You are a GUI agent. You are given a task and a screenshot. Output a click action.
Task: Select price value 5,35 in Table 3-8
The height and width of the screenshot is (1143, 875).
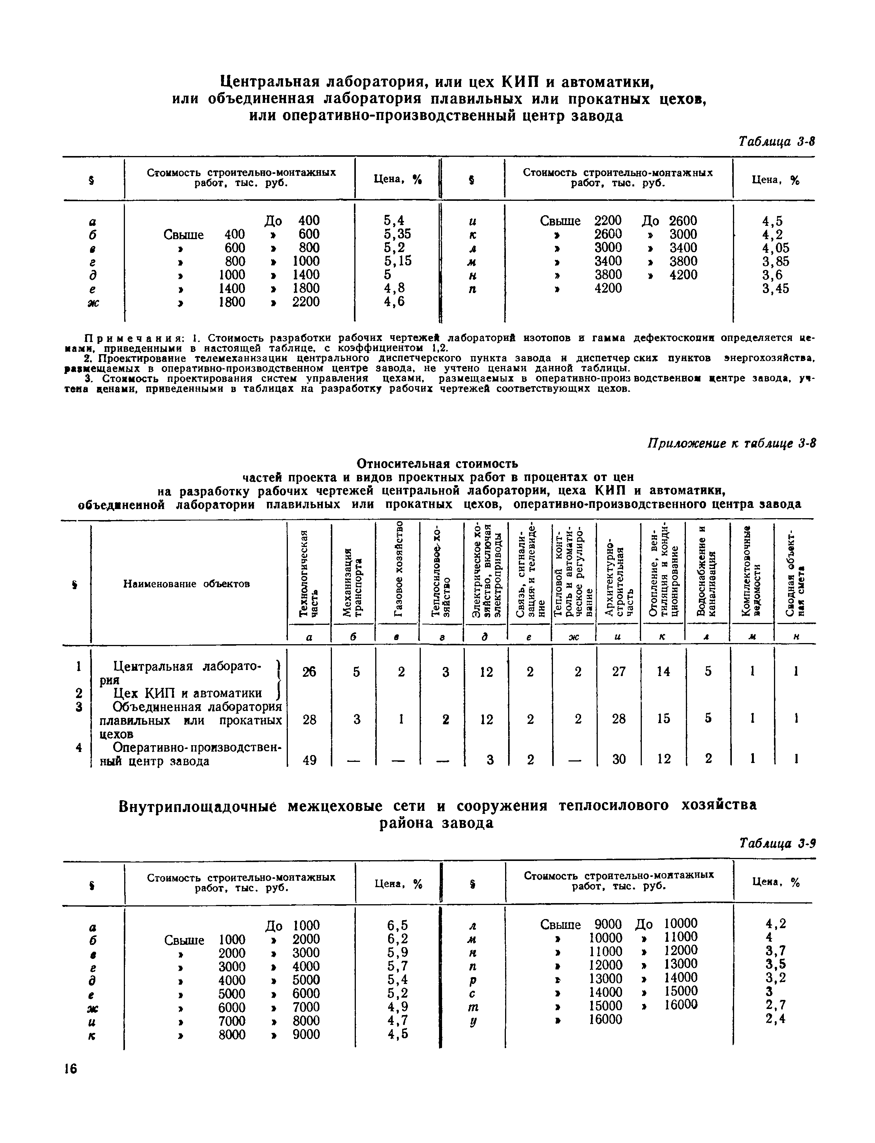point(397,234)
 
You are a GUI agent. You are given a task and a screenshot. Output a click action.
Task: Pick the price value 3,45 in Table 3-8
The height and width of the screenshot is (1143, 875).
point(775,289)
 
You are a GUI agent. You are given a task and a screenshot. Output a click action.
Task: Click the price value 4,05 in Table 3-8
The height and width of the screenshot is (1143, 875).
point(775,248)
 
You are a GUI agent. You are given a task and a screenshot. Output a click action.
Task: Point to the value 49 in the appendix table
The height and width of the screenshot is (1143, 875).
point(310,760)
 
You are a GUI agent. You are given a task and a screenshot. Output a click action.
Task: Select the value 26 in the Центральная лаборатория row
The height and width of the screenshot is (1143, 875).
point(310,672)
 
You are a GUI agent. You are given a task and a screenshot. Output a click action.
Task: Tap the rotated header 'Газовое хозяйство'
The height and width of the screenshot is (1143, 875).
point(398,570)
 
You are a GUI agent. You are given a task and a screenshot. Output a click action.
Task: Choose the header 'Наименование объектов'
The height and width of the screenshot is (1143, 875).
point(186,584)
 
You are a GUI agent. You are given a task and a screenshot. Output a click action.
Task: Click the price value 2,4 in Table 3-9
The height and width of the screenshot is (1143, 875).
point(775,1018)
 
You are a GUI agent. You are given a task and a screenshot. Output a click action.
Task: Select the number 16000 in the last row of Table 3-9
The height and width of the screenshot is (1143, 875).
point(605,1020)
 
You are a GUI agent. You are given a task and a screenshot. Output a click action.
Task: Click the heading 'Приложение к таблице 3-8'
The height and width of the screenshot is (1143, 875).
point(731,443)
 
